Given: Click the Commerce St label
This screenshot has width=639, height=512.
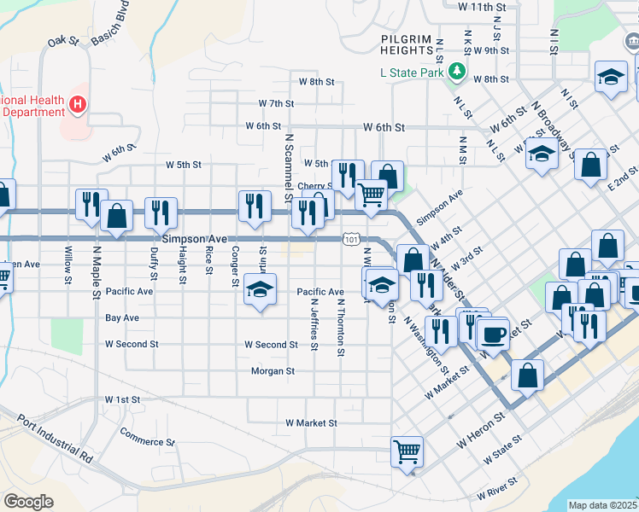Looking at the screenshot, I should (x=147, y=442).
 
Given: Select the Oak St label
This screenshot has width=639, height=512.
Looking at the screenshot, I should (x=63, y=40).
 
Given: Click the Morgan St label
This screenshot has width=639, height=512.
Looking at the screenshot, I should (x=273, y=371).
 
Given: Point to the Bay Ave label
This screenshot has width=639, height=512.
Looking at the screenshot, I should (x=122, y=317).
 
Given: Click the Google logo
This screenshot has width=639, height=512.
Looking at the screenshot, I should (x=28, y=502).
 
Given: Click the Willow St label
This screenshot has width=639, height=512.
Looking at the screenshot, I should (x=69, y=260).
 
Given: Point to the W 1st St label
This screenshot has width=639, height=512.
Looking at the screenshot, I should (x=122, y=399).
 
